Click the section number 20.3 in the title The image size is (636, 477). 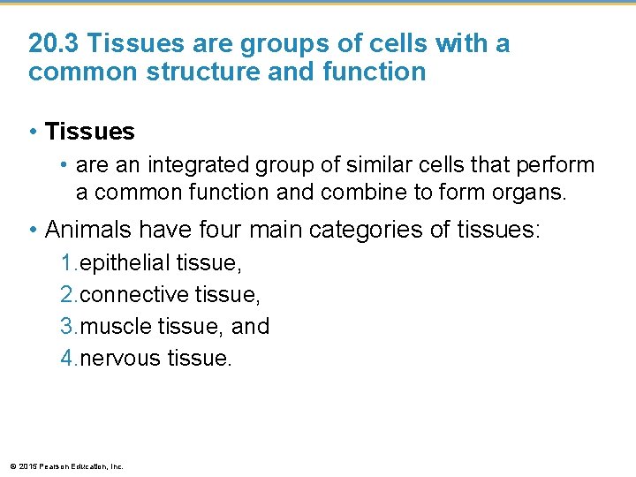click(55, 42)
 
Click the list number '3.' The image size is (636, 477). click(69, 326)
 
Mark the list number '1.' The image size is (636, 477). click(69, 262)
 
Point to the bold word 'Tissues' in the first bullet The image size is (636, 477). click(89, 132)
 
